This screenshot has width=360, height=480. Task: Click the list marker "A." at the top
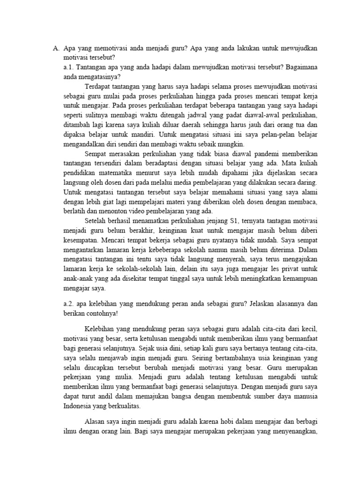pyautogui.click(x=55, y=48)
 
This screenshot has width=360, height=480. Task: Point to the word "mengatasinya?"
pyautogui.click(x=98, y=77)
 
